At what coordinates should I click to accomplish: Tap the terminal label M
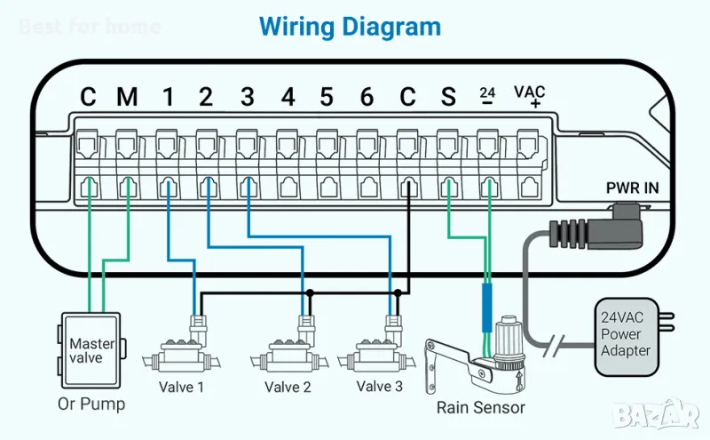click(127, 96)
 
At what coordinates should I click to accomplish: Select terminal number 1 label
click(168, 96)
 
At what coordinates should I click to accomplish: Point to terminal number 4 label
click(288, 96)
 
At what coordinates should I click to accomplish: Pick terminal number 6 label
click(367, 96)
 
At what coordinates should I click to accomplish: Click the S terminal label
click(448, 96)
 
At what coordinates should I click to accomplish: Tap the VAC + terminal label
click(530, 96)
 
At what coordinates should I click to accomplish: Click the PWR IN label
click(633, 188)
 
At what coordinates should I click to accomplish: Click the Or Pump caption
click(91, 404)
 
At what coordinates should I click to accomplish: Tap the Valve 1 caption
click(181, 388)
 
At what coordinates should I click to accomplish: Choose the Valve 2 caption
click(288, 388)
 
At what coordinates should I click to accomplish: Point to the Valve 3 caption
click(379, 387)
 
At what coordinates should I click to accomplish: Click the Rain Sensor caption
click(480, 408)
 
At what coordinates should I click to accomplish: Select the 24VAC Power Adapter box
click(627, 334)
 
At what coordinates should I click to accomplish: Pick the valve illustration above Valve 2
click(288, 351)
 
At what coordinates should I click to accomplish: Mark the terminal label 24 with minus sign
click(487, 95)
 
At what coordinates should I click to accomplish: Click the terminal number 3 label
click(247, 96)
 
